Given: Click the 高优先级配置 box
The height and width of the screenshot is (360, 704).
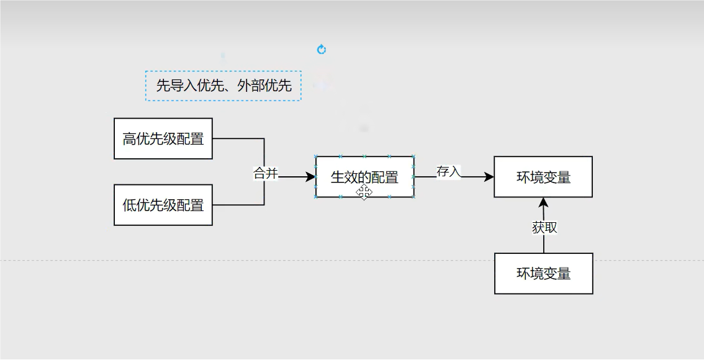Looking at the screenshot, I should coord(163,138).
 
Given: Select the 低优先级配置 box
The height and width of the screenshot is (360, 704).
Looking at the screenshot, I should coord(163,205).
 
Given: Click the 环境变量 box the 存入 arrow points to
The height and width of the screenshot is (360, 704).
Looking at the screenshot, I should coord(543,177).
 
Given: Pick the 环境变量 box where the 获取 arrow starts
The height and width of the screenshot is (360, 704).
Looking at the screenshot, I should coord(543,273).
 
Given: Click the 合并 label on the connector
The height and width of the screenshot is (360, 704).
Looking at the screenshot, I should coord(266,174).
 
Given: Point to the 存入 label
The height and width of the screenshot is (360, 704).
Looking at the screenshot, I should coord(449,172).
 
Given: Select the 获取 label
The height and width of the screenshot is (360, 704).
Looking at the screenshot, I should coord(544,228).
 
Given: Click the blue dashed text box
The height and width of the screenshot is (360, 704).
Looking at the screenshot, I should coord(223,86).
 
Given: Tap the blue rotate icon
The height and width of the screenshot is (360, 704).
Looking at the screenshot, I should coord(322,50).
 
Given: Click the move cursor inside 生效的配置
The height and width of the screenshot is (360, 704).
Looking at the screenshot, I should coord(364,193).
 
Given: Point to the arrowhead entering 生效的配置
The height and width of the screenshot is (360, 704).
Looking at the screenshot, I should coord(310,177).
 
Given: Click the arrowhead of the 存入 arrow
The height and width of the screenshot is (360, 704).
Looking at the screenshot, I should coord(489,177).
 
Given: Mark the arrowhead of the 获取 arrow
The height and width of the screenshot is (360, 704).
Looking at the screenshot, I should coord(544,202).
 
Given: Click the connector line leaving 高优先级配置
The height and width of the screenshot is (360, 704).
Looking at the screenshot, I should coord(239,138).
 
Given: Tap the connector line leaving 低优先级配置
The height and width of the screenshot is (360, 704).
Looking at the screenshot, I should coord(239,205).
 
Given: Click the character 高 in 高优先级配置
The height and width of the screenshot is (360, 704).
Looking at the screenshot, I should coord(129,139).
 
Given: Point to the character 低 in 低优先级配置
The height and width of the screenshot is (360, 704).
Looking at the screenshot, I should coord(129,205).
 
